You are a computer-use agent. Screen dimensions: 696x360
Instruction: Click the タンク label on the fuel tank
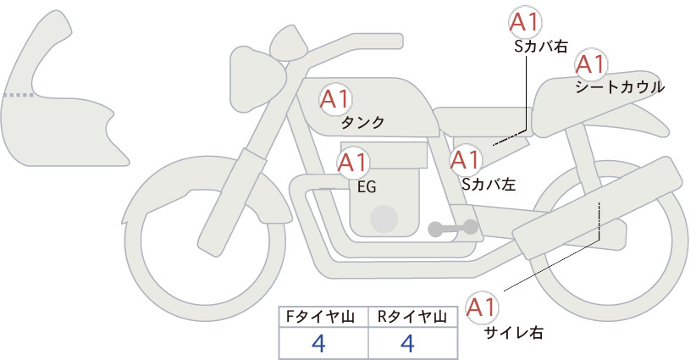(x=362, y=123)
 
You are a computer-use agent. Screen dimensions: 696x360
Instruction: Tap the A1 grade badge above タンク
(x=334, y=99)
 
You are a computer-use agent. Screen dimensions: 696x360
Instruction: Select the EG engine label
(x=367, y=187)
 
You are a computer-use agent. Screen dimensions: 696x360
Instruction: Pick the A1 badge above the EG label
(x=352, y=163)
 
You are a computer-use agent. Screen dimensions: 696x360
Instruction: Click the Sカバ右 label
(x=541, y=47)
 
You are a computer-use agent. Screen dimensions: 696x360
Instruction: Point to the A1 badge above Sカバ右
(x=525, y=21)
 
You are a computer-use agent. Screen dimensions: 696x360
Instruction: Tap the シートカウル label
(x=620, y=87)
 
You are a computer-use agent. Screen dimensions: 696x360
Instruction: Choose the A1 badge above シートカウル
(x=591, y=65)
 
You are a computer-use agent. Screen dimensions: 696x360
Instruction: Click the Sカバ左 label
(x=489, y=184)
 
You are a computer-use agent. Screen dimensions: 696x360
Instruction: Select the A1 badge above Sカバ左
(x=465, y=160)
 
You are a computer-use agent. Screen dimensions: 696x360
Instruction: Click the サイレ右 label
(x=514, y=332)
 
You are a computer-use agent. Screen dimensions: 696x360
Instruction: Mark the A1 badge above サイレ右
(x=482, y=307)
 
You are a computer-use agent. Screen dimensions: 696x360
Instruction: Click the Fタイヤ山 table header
(x=320, y=317)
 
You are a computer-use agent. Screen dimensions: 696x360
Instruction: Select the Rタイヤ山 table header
(x=412, y=317)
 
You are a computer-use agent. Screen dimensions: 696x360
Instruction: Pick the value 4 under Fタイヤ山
(x=318, y=343)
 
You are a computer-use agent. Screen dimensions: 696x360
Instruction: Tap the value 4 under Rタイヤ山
(x=407, y=343)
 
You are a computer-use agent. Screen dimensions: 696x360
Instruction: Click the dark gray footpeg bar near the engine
(x=453, y=228)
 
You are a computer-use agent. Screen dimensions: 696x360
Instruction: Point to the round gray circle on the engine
(x=384, y=219)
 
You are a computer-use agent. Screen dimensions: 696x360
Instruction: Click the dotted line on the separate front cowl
(x=19, y=95)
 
